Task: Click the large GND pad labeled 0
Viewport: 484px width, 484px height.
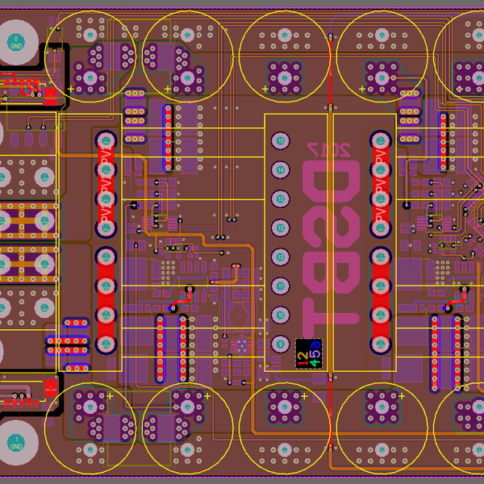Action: tap(16, 42)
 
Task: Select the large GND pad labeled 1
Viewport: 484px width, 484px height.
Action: tap(15, 443)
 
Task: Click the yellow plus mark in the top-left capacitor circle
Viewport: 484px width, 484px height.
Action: tap(71, 89)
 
